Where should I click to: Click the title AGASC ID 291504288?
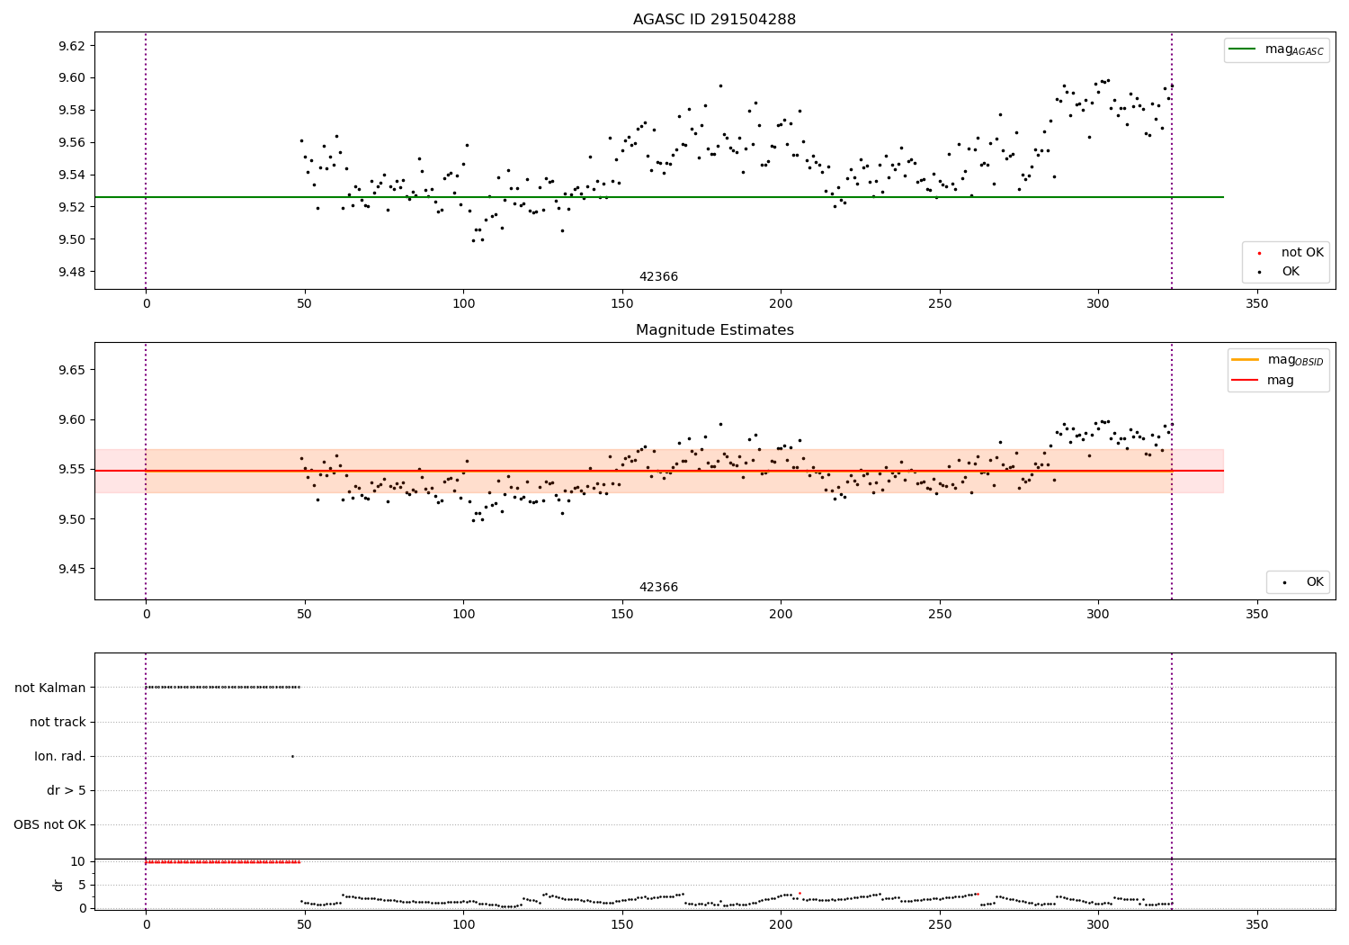click(x=714, y=20)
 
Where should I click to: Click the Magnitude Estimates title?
click(x=714, y=330)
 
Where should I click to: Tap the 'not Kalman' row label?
click(x=50, y=688)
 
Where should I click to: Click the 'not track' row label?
click(x=58, y=722)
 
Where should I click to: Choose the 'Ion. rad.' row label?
click(x=60, y=756)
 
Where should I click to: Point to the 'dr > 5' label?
click(x=67, y=790)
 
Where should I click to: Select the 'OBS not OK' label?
click(x=49, y=824)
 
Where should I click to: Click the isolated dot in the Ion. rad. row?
click(x=292, y=756)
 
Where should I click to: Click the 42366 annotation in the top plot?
click(x=658, y=277)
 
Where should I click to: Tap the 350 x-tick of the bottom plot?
click(x=1256, y=924)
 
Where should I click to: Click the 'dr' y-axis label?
click(x=58, y=885)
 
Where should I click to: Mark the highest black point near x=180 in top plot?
click(x=720, y=85)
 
